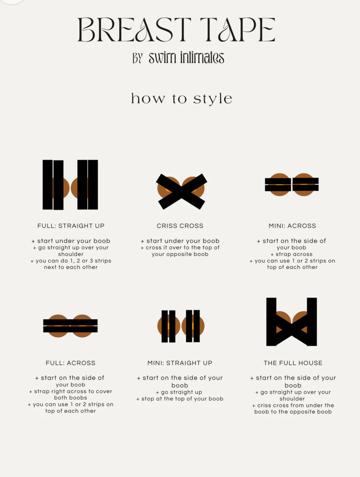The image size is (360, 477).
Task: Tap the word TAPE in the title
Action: click(238, 29)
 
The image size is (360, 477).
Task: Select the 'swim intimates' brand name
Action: click(186, 58)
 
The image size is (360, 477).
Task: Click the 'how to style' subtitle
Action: click(182, 99)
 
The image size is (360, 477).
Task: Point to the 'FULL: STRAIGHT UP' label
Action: click(71, 226)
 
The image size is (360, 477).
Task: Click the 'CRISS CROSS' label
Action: click(180, 226)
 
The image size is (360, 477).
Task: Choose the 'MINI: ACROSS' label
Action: click(292, 226)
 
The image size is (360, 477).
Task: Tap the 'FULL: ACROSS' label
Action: click(71, 363)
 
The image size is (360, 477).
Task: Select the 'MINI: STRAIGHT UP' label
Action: click(180, 363)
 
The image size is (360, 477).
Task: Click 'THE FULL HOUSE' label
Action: click(293, 363)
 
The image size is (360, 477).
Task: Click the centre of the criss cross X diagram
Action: click(181, 192)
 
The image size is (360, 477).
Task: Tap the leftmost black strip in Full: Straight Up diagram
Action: click(47, 185)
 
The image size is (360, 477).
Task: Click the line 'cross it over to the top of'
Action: click(180, 248)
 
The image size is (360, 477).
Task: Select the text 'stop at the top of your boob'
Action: click(180, 399)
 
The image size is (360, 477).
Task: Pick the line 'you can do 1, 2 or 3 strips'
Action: click(71, 261)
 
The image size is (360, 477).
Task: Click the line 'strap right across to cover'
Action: click(71, 391)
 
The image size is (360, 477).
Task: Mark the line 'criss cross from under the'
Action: click(293, 405)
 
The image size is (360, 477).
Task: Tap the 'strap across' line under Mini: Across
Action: click(292, 254)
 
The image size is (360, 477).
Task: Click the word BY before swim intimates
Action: click(137, 58)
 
